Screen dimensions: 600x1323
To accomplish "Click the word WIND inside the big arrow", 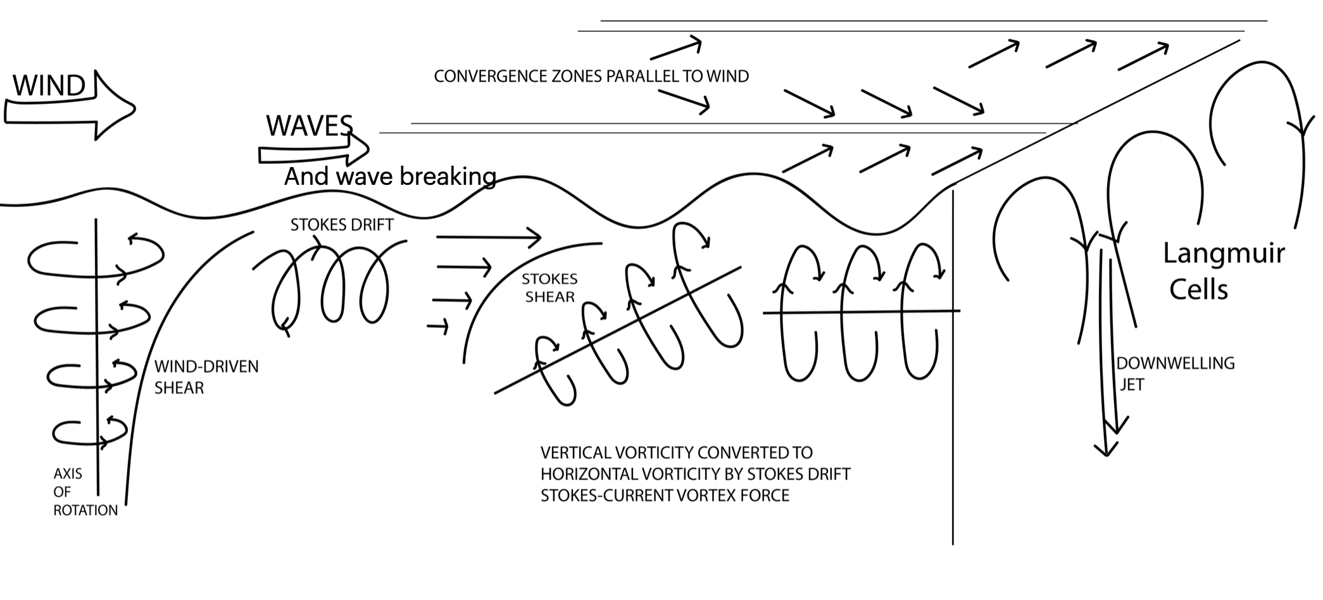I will [x=49, y=86].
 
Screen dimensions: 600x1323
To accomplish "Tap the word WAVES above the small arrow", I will [x=309, y=126].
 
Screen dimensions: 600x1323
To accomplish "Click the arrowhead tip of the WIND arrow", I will [x=134, y=109].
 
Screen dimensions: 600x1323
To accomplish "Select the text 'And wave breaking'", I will [x=389, y=177].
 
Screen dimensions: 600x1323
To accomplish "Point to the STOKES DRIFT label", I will [x=342, y=225].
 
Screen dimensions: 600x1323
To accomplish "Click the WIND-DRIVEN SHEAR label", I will [x=206, y=377].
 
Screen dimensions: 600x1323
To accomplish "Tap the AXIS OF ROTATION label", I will [x=84, y=492].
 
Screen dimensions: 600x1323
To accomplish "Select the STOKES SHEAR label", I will [x=549, y=288].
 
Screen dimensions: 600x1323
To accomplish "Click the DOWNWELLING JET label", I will [x=1174, y=373].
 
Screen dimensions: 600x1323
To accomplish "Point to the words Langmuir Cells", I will [x=1223, y=271].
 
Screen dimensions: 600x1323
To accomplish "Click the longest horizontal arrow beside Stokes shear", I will [x=488, y=237].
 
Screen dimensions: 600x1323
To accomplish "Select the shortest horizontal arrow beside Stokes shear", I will [x=438, y=327].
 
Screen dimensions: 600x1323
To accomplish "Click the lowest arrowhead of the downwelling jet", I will [x=1106, y=452].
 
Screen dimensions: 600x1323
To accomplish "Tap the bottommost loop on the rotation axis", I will [x=89, y=433].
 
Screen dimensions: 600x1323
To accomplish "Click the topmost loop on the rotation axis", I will [x=95, y=258].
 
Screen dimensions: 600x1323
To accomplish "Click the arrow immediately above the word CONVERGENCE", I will [x=676, y=48].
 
